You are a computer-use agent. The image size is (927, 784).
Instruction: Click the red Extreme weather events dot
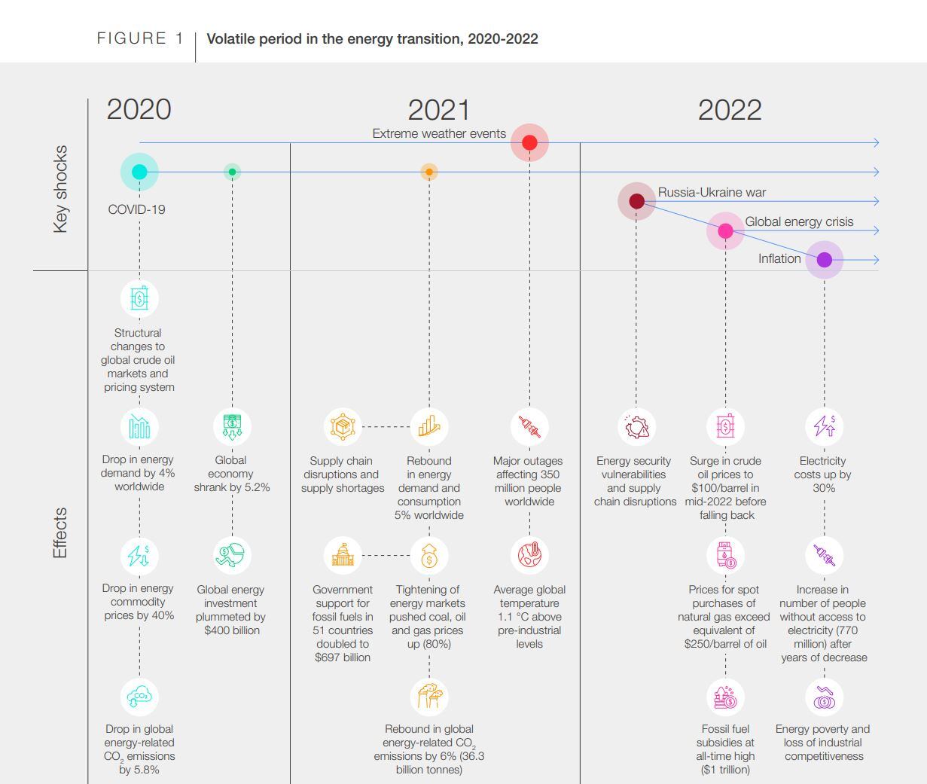pyautogui.click(x=529, y=142)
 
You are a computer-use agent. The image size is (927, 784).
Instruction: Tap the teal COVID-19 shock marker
pyautogui.click(x=139, y=172)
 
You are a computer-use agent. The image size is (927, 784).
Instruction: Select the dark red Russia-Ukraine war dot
pyautogui.click(x=636, y=201)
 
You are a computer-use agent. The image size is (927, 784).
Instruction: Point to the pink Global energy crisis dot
pyautogui.click(x=725, y=231)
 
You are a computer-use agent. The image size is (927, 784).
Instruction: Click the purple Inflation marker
pyautogui.click(x=825, y=260)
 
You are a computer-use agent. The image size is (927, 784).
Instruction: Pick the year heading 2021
pyautogui.click(x=438, y=110)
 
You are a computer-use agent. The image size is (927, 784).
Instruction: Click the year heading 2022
pyautogui.click(x=729, y=110)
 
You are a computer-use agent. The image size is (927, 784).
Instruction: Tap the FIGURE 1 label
pyautogui.click(x=140, y=38)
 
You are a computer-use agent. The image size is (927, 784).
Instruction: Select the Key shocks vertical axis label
pyautogui.click(x=60, y=189)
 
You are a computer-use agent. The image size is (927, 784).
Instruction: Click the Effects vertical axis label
pyautogui.click(x=60, y=532)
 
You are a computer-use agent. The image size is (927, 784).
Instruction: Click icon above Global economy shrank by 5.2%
pyautogui.click(x=232, y=426)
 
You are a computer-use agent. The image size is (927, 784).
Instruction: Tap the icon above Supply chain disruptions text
pyautogui.click(x=342, y=426)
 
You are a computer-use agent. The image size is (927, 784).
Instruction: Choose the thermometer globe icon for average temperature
pyautogui.click(x=529, y=555)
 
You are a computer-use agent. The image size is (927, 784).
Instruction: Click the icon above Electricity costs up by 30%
pyautogui.click(x=824, y=426)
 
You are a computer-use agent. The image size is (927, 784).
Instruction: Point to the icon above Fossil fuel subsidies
pyautogui.click(x=725, y=697)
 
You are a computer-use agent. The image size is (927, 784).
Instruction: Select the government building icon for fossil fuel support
pyautogui.click(x=342, y=555)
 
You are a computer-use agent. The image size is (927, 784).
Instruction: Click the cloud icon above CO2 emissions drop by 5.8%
pyautogui.click(x=139, y=697)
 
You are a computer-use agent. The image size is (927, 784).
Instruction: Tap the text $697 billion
pyautogui.click(x=343, y=657)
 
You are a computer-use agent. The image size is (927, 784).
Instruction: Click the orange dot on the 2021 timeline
pyautogui.click(x=429, y=172)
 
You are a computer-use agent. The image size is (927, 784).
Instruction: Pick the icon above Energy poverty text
pyautogui.click(x=824, y=697)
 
